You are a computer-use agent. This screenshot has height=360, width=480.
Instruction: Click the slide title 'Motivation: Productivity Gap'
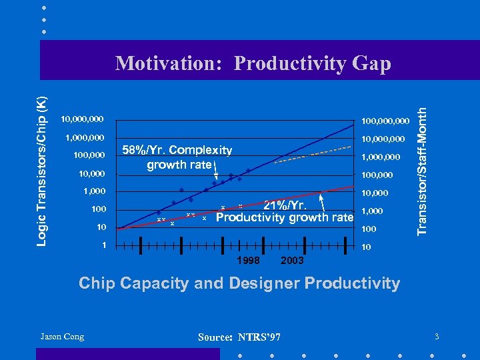click(x=253, y=63)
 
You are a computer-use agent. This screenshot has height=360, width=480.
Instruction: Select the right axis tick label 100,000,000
click(x=385, y=121)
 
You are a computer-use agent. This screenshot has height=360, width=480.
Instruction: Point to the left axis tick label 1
click(x=103, y=245)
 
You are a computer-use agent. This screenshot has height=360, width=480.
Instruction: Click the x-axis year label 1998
click(x=248, y=260)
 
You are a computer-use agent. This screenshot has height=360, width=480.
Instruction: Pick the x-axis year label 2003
click(x=292, y=260)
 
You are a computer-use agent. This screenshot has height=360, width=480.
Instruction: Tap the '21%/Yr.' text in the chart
click(x=285, y=205)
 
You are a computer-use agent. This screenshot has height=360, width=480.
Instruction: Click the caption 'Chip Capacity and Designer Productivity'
click(x=239, y=283)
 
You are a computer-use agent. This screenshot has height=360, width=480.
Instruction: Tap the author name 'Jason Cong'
click(x=62, y=337)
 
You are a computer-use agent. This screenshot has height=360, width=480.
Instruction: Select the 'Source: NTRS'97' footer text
click(x=239, y=338)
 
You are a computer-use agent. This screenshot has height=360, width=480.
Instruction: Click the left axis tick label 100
click(x=99, y=210)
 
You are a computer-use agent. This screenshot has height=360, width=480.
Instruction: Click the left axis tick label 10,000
click(x=91, y=174)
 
